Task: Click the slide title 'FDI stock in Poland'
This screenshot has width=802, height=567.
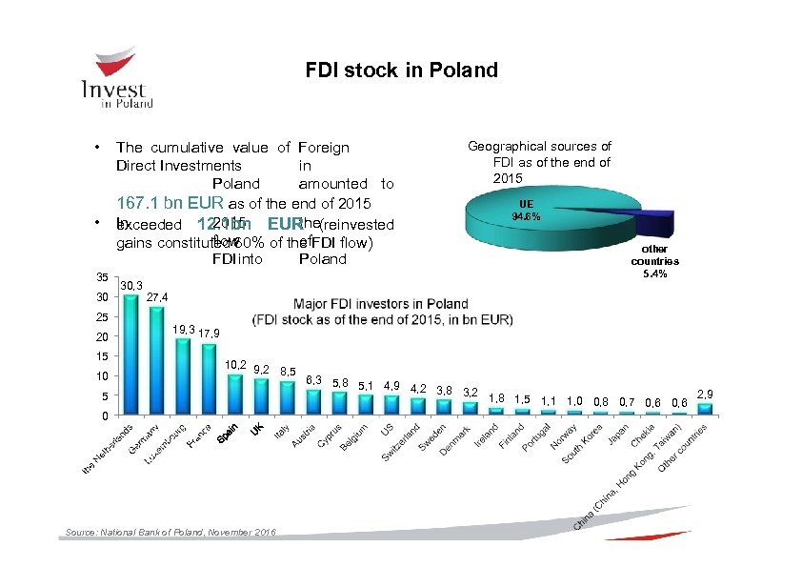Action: point(401,71)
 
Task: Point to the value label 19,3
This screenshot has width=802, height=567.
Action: point(183,330)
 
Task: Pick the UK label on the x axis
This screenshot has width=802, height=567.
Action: point(256,430)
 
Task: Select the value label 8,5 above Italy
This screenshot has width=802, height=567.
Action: point(288,371)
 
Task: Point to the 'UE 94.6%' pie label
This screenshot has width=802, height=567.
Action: point(527,211)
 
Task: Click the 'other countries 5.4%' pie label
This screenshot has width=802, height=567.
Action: point(654,260)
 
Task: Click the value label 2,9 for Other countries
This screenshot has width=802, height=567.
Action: point(705,393)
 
